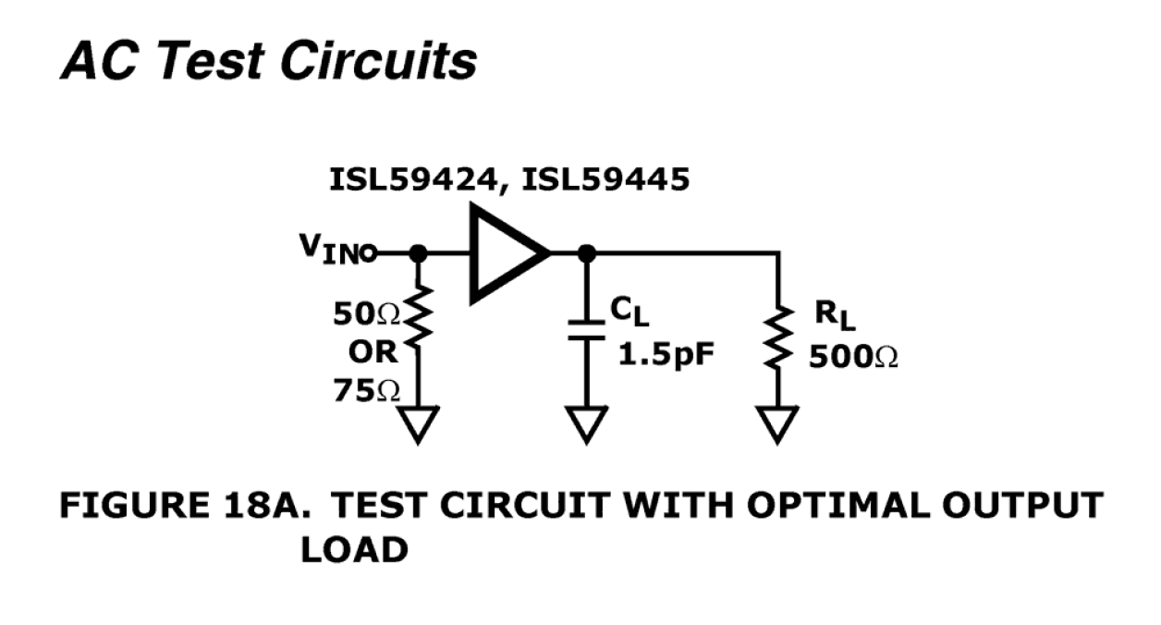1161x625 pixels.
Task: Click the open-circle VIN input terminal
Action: [369, 252]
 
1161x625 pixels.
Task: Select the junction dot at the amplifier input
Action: [418, 252]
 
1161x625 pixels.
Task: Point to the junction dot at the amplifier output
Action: [584, 252]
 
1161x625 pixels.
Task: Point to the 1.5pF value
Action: [666, 355]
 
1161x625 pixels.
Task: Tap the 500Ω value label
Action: [852, 357]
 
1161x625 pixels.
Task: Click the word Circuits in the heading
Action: [378, 61]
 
